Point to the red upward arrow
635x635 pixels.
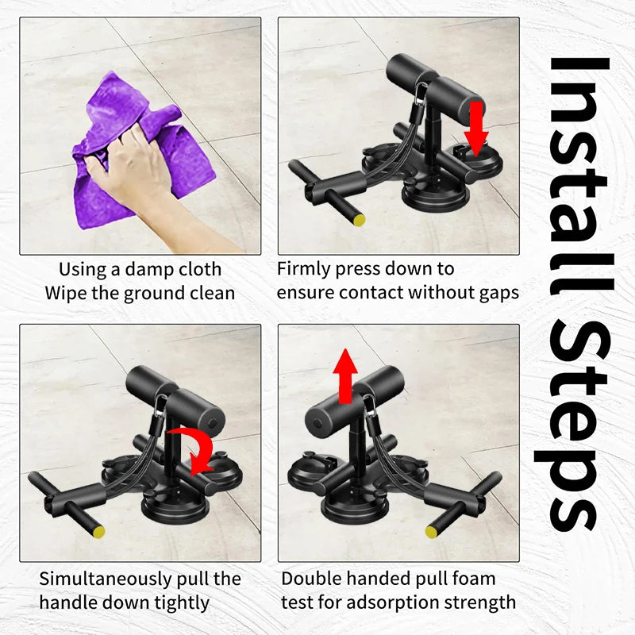click(345, 375)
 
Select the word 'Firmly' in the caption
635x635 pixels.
click(303, 269)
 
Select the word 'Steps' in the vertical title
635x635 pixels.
click(575, 425)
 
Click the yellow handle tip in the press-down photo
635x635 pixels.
click(360, 220)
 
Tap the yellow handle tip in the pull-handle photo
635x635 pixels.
click(98, 531)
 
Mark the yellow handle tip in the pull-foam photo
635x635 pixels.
click(431, 531)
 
